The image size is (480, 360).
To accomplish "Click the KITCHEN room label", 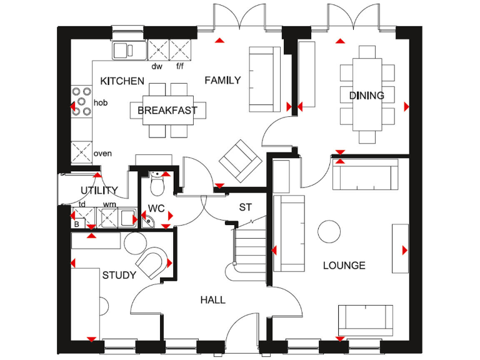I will coord(122,81).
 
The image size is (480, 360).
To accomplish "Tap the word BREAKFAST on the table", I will coord(167,111).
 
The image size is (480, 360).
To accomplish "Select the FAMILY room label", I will coord(222,80).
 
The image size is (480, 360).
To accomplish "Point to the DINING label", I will coord(366,96).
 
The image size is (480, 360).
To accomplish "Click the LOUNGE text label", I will coord(344,266).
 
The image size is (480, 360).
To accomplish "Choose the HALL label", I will coord(212,300).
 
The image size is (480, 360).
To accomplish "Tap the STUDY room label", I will coord(119,274).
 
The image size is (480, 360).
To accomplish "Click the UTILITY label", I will coord(99,191).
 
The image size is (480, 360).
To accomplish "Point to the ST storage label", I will coord(245,207).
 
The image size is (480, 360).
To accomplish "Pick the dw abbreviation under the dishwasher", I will coord(157,66).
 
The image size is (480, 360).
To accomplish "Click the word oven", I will coord(102,153).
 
